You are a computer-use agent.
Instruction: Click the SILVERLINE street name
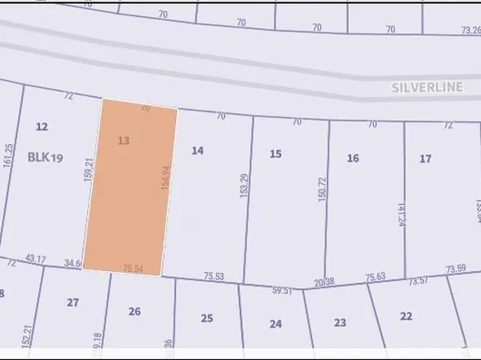pos(429,87)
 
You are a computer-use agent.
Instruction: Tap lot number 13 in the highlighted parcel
pos(123,140)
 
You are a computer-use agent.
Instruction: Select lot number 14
pos(198,150)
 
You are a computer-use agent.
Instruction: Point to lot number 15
pos(275,153)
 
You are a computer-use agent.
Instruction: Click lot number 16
pos(353,158)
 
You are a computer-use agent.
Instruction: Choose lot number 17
pos(425,159)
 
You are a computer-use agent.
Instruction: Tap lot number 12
pos(43,127)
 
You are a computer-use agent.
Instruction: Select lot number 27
pos(73,303)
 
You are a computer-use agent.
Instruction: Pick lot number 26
pos(135,312)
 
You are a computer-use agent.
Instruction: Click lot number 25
pos(207,318)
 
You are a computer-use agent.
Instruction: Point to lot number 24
pos(276,324)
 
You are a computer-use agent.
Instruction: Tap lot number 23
pos(340,323)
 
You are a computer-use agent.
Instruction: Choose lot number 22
pos(406,316)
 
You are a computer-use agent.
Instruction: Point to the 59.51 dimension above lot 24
pos(280,290)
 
